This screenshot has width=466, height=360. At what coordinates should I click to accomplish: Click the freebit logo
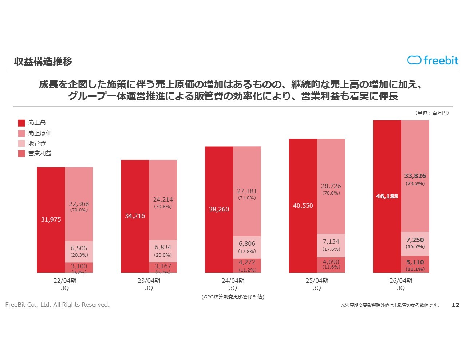pyautogui.click(x=433, y=60)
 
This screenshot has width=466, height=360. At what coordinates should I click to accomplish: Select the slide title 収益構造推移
pyautogui.click(x=43, y=61)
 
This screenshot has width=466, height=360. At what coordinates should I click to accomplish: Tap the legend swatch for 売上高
pyautogui.click(x=21, y=123)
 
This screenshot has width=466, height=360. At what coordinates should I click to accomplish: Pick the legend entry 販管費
pyautogui.click(x=37, y=143)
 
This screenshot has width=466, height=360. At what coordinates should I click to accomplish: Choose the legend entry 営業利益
pyautogui.click(x=40, y=154)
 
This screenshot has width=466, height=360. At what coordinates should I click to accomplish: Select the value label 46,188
pyautogui.click(x=387, y=197)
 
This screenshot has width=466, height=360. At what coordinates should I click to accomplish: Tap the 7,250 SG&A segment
pyautogui.click(x=415, y=244)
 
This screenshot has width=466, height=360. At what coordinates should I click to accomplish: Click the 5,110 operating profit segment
pyautogui.click(x=415, y=264)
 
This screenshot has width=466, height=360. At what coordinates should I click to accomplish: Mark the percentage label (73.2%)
pyautogui.click(x=415, y=184)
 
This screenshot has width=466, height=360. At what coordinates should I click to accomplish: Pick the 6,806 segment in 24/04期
pyautogui.click(x=247, y=247)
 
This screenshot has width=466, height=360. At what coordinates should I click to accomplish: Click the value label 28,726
pyautogui.click(x=331, y=186)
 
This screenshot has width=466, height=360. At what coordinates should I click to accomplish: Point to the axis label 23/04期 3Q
pyautogui.click(x=149, y=284)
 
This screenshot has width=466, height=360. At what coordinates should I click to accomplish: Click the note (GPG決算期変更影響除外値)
pyautogui.click(x=233, y=297)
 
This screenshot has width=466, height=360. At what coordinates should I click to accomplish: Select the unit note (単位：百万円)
pyautogui.click(x=432, y=113)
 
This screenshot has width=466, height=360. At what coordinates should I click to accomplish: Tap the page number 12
pyautogui.click(x=455, y=305)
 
